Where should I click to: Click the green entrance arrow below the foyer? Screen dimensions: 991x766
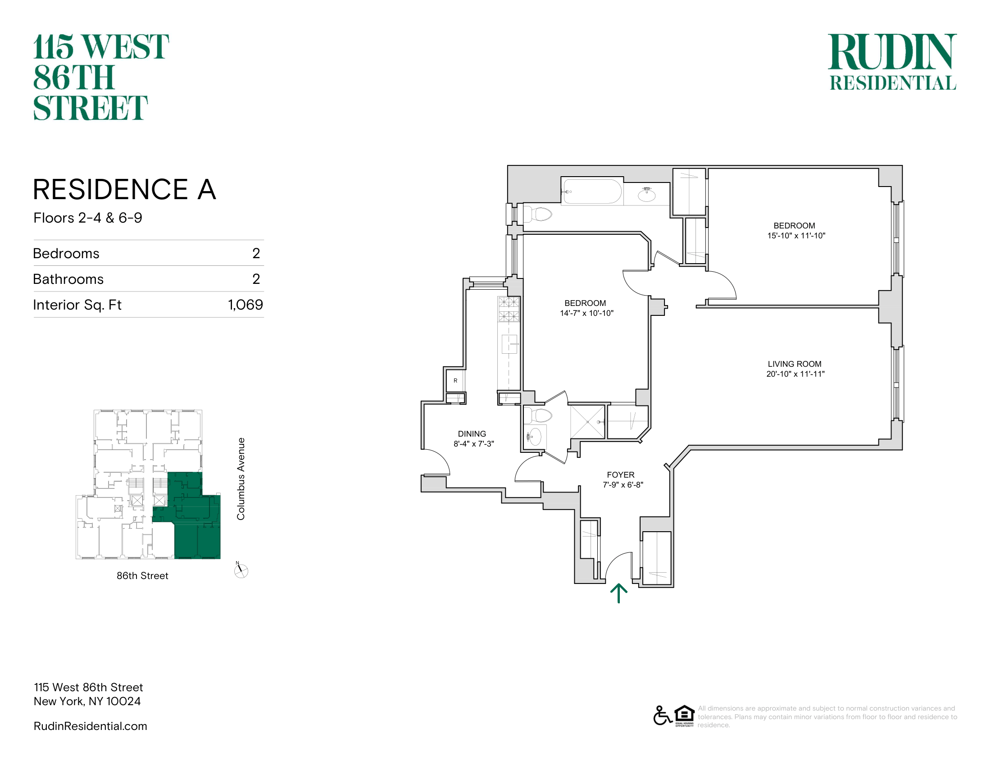pos(618,593)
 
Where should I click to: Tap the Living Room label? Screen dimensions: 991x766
pos(795,364)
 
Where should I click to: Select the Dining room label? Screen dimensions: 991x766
pos(472,434)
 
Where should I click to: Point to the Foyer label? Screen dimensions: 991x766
pos(621,474)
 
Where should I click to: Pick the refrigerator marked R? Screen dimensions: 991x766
pos(455,381)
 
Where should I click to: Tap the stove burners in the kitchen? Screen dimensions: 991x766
pos(509,309)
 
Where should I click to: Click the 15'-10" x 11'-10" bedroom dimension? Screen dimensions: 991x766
pos(796,236)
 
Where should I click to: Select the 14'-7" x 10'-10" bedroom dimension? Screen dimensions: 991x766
pos(586,313)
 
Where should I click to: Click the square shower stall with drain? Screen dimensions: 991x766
pos(587,422)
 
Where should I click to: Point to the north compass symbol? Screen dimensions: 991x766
pos(241,570)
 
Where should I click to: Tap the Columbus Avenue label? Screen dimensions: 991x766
pos(241,479)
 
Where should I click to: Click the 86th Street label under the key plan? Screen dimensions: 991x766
pos(142,575)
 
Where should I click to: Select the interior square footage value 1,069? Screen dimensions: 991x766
pos(245,305)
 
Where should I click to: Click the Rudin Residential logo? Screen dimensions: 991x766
pos(892,62)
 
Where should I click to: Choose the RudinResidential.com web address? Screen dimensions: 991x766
pos(90,726)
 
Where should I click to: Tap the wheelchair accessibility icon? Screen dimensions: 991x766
pos(663,716)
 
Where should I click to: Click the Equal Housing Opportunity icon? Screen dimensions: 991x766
pos(684,716)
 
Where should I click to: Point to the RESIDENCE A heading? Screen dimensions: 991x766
pos(124,189)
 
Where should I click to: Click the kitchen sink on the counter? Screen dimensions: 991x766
pos(509,344)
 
